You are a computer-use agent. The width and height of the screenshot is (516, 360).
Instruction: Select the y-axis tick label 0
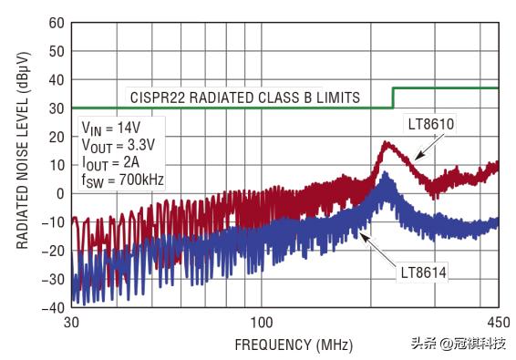57,193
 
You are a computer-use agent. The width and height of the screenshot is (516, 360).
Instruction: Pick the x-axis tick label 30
71,324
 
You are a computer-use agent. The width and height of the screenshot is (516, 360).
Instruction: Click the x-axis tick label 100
263,324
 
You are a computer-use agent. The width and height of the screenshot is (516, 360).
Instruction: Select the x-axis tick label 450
498,324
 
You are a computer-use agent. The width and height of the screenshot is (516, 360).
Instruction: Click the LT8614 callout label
425,273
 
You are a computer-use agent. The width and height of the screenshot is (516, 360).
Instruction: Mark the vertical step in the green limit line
393,98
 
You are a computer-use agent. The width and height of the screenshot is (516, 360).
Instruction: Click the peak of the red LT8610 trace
385,143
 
